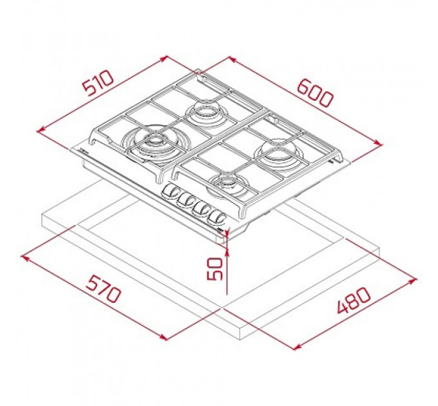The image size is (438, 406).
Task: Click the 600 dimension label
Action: click(315, 93)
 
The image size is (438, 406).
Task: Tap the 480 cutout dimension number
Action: click(353, 300)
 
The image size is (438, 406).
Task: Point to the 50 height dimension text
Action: click(215, 269)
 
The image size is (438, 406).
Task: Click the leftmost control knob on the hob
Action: click(171, 191)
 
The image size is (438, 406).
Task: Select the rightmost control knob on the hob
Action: click(217, 217)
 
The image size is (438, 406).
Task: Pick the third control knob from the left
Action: click(202, 208)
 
